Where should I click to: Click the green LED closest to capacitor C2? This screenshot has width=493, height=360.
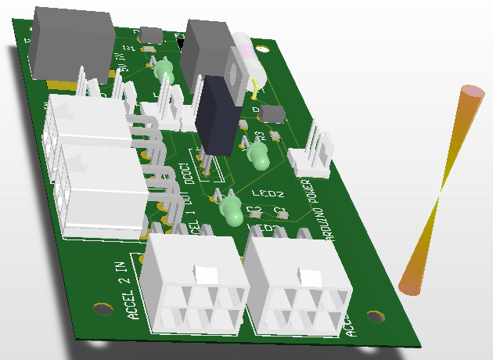click(232, 210)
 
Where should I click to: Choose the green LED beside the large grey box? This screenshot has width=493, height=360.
click(164, 71)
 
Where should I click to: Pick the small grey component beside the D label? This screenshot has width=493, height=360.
click(273, 114)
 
